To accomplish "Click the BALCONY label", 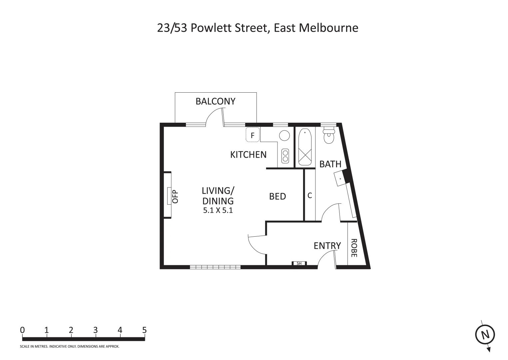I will [215, 101].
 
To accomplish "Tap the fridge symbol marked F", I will [253, 135].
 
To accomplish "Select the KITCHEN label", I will [248, 155].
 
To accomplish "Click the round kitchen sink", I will [284, 136].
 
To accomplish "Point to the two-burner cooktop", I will [285, 156].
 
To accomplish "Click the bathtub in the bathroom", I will [305, 147].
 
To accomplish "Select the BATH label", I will [330, 164].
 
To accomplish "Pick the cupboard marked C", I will [309, 196].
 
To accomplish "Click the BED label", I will [277, 197].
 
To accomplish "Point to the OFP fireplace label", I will [175, 196].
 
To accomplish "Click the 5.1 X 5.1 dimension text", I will [218, 211].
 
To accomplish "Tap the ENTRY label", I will [327, 246].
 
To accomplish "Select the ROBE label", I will [354, 248].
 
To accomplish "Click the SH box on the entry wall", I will [299, 263].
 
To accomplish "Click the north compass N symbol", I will [485, 335].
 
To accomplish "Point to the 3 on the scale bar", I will [95, 330].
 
